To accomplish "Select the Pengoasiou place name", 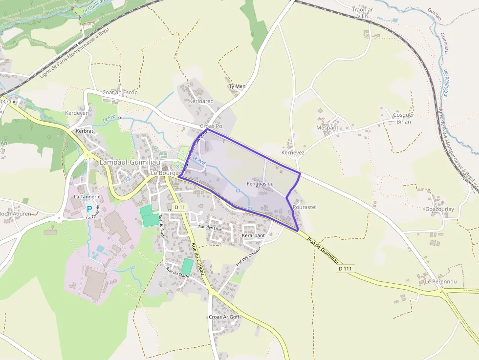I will [x=260, y=183].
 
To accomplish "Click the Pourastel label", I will [x=305, y=207].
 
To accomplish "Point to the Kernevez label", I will [x=293, y=152].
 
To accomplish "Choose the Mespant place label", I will [x=327, y=127].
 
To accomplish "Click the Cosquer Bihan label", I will [x=404, y=118].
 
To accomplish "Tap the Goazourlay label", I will [x=439, y=209].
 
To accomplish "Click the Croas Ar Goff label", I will [x=224, y=317].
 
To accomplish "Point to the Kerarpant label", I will [x=253, y=235].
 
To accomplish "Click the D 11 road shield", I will [x=180, y=207].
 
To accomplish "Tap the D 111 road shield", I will [x=345, y=269].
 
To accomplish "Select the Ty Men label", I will [x=237, y=86].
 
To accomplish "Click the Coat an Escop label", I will [x=120, y=92].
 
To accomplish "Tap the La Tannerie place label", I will [x=87, y=196].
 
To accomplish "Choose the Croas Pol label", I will [x=212, y=126].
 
